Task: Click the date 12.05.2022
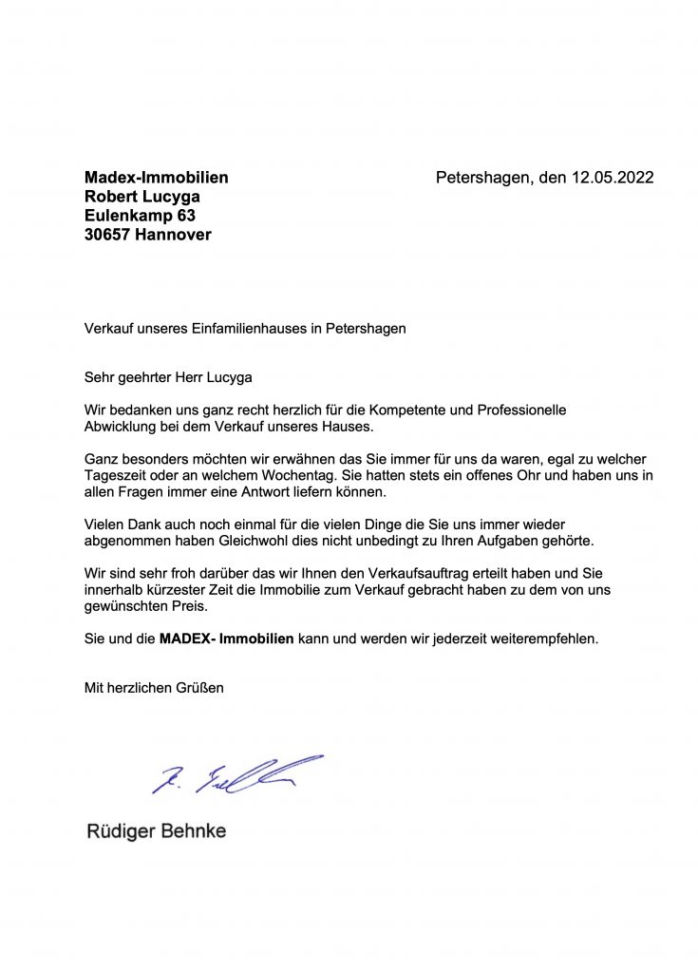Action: point(612,178)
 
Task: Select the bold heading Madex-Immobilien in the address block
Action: point(157,178)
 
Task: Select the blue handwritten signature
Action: point(236,773)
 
